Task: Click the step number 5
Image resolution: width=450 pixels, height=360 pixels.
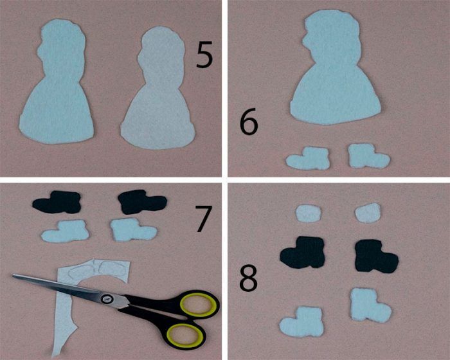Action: [204, 55]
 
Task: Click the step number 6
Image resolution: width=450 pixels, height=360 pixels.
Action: [249, 122]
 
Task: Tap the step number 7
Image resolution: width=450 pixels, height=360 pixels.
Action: [204, 219]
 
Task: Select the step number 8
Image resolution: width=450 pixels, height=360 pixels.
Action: [249, 276]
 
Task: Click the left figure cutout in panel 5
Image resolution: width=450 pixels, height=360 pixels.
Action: [57, 86]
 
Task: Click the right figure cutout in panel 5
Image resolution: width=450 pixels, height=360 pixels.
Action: [159, 92]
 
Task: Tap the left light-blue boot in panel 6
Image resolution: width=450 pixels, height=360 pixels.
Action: [308, 158]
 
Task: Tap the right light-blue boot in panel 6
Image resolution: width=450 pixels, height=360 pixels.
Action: [368, 156]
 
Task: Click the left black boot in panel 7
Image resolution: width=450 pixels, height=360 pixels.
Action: [57, 203]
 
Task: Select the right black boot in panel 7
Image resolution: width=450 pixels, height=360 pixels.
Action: [141, 202]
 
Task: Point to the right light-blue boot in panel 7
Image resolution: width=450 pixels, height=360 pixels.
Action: [133, 230]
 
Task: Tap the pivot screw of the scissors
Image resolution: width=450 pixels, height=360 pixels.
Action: [107, 299]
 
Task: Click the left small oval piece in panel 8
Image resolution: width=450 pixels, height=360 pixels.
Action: [309, 213]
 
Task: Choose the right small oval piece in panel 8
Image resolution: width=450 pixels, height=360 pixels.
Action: [368, 213]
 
